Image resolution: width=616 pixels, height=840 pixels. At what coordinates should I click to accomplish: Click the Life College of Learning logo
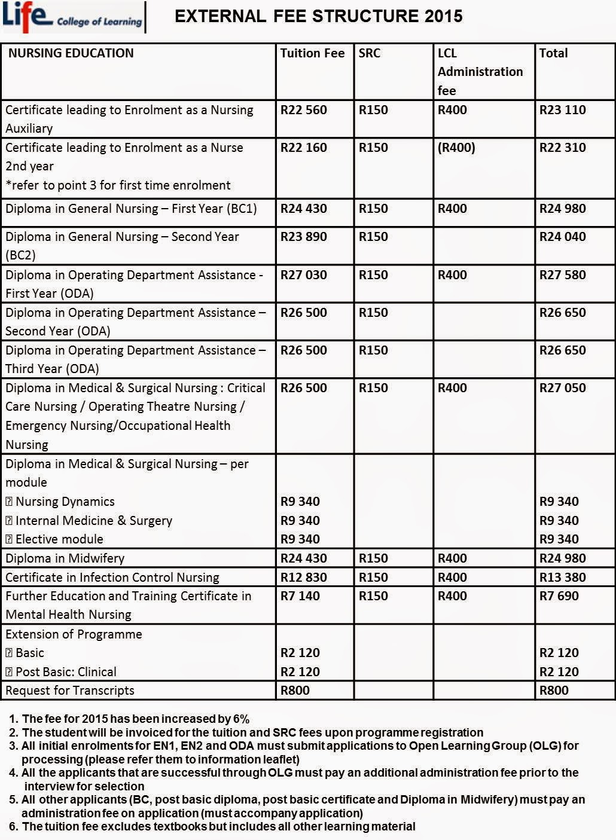[x=72, y=17]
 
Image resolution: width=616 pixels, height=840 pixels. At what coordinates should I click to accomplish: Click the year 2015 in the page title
[x=443, y=16]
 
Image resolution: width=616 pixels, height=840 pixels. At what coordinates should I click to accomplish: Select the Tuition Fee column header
[x=312, y=53]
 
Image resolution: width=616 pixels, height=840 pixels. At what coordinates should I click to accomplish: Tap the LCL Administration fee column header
[x=480, y=72]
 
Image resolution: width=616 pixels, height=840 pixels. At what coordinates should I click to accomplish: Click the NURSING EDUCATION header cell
[x=71, y=53]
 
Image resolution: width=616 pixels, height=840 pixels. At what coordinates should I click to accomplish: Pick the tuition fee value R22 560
[x=304, y=110]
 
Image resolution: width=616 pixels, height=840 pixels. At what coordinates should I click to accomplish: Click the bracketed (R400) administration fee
[x=456, y=148]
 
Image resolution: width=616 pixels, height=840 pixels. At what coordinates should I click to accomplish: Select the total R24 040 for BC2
[x=562, y=237]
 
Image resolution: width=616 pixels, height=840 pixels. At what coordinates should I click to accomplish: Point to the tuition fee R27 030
[x=304, y=275]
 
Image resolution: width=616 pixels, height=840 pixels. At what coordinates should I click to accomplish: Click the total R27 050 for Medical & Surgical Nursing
[x=562, y=388]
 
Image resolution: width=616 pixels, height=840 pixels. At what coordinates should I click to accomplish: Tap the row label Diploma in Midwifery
[x=65, y=558]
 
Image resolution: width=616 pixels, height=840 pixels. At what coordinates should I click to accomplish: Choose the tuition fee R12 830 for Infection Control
[x=304, y=578]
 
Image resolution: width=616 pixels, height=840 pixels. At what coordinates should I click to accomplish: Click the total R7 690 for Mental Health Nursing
[x=559, y=596]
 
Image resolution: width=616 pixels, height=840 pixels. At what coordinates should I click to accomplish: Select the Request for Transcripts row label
[x=70, y=691]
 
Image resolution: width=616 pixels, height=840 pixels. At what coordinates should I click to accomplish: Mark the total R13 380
[x=562, y=578]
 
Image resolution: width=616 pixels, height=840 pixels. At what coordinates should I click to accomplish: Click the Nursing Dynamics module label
[x=65, y=502]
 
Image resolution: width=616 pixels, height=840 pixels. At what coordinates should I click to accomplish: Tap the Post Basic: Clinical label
[x=66, y=672]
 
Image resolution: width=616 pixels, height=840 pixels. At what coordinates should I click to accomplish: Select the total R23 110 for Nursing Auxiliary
[x=562, y=110]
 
